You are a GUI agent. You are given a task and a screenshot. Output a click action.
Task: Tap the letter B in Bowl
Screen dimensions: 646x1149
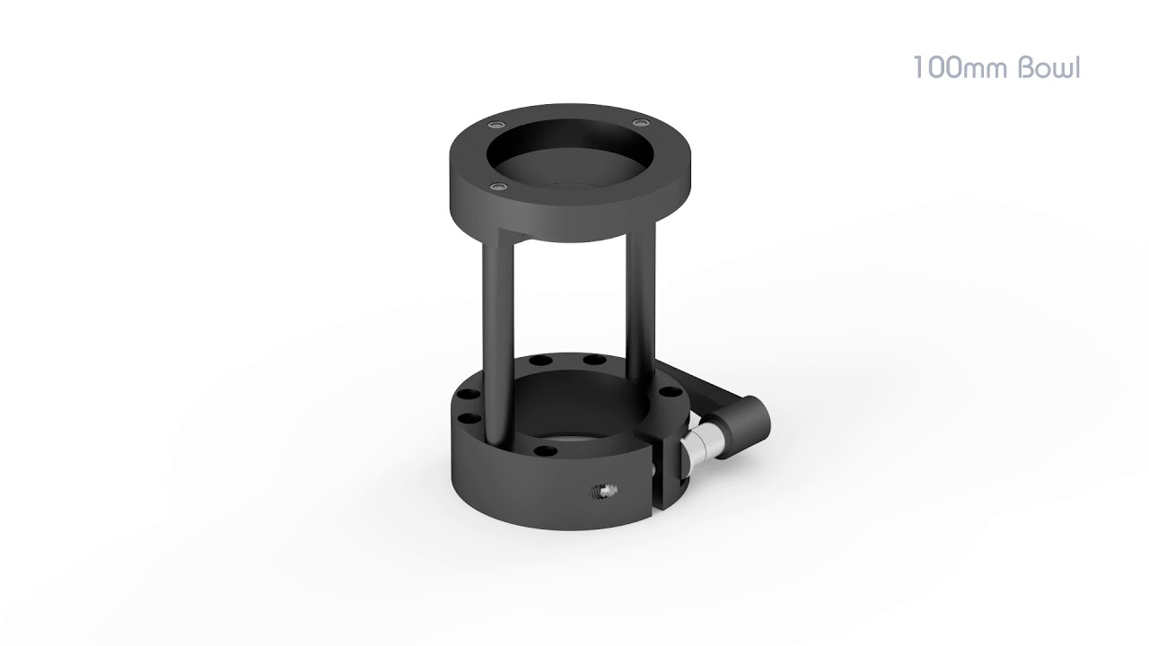[1029, 69]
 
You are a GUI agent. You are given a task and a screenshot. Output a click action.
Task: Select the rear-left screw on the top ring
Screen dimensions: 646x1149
[496, 123]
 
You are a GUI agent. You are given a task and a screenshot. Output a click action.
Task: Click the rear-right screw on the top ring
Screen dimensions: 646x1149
[640, 122]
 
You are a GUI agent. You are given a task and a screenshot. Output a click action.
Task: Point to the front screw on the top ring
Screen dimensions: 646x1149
[497, 186]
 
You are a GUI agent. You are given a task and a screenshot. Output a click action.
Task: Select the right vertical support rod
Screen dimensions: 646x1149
[644, 323]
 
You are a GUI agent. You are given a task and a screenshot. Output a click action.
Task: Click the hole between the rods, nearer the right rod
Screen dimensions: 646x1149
[592, 361]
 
